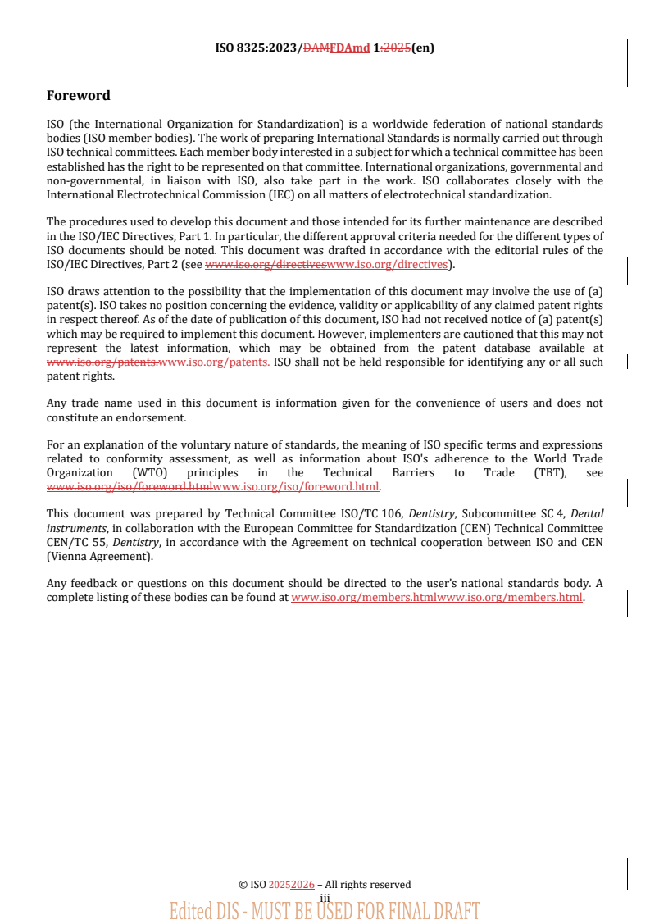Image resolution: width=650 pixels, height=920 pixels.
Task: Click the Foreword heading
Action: [78, 96]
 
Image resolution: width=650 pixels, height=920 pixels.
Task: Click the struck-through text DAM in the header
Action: [316, 48]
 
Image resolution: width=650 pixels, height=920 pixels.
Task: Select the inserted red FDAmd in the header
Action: [349, 48]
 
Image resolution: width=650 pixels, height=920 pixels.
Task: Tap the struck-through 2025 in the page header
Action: [397, 48]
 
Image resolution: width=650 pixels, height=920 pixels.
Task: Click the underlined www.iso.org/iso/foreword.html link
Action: [295, 486]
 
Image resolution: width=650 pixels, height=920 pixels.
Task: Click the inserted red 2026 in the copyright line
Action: [302, 885]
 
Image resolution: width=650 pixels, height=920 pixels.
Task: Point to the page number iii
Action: [325, 899]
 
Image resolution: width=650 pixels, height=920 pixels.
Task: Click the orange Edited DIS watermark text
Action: [325, 910]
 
